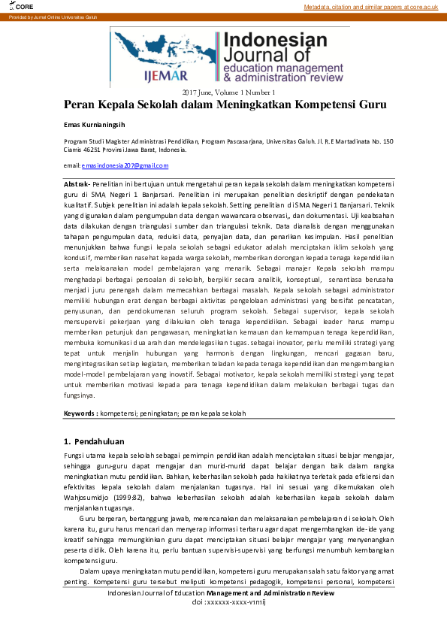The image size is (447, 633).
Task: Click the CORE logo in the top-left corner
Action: [x=13, y=6]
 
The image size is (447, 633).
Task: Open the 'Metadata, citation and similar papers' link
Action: [x=370, y=7]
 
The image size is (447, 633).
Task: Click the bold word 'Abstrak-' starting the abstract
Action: [x=77, y=183]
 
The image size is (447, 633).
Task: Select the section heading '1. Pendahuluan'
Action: [x=94, y=441]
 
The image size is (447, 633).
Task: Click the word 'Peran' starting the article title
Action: [x=81, y=105]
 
